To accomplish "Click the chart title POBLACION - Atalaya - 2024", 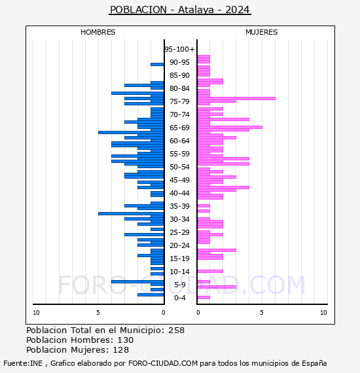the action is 180,10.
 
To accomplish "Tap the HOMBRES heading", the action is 98,32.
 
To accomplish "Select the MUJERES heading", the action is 262,32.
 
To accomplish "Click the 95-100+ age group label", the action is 179,49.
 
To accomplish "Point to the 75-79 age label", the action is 179,101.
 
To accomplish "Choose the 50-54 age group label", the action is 179,167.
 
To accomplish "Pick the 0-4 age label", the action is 180,298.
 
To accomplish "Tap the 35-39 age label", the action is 179,206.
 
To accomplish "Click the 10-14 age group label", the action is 179,272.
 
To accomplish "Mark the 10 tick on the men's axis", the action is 36,313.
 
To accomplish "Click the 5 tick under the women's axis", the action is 262,313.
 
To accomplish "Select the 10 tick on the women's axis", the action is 323,313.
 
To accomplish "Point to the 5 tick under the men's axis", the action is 98,313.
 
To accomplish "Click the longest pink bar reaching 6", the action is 236,98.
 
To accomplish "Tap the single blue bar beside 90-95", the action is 157,65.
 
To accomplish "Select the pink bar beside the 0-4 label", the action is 204,297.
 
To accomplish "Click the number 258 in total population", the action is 176,330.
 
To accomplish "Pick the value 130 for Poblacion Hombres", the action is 126,340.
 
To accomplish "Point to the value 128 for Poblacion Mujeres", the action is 121,349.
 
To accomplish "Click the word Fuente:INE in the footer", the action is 23,363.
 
